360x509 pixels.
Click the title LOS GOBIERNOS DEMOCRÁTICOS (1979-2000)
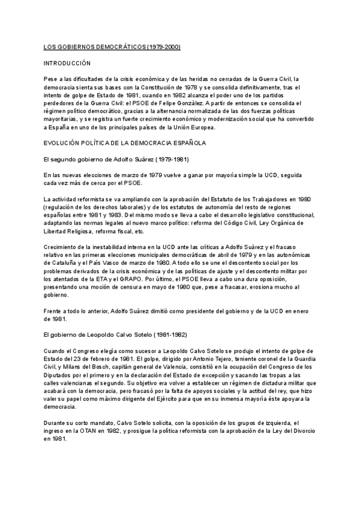112,46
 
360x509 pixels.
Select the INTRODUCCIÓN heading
67,62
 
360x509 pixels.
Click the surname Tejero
217,358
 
